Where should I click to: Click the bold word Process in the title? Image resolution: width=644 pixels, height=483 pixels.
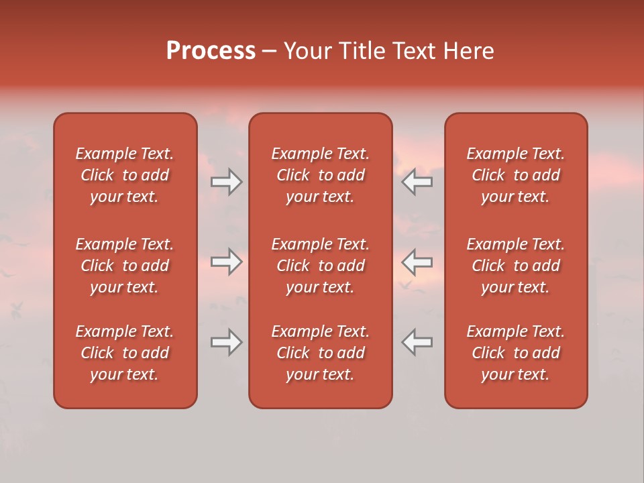coord(211,51)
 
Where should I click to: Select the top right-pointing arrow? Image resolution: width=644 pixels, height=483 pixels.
coord(226,182)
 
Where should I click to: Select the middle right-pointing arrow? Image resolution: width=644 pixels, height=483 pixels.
coord(226,262)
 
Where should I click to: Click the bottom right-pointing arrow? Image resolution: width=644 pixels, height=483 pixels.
coord(226,342)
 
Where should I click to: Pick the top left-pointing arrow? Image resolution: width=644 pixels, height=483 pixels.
coord(417,182)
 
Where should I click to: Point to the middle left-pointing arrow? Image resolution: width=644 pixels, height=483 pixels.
coord(417,262)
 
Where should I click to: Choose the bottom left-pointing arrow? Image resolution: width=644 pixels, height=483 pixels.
coord(417,342)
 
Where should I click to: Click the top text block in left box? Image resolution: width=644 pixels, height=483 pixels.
coord(125,175)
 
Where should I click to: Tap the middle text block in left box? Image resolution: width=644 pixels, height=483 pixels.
coord(125,266)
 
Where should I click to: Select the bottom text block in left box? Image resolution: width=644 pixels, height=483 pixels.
coord(125,353)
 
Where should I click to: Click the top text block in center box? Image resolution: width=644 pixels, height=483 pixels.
coord(320,175)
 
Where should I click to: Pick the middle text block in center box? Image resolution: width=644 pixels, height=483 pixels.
coord(320,266)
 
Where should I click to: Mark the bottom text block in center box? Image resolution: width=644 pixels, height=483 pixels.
coord(320,353)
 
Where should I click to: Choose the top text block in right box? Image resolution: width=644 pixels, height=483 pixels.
coord(515,175)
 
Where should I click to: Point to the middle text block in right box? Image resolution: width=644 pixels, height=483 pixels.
coord(515,266)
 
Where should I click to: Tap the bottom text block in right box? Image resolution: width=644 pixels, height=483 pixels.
coord(515,353)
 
